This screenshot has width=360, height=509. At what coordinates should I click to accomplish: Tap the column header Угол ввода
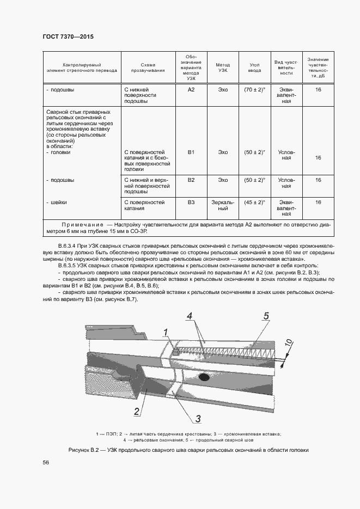click(x=254, y=68)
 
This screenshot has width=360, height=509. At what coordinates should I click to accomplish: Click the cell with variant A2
click(x=191, y=89)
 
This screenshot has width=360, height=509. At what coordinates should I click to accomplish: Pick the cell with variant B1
click(x=191, y=152)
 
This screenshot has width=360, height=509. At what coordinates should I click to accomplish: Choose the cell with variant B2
click(x=191, y=180)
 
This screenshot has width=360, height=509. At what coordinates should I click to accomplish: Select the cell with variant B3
click(x=191, y=202)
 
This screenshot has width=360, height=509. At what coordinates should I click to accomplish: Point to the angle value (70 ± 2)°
click(x=254, y=89)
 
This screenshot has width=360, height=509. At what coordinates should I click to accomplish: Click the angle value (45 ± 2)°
click(x=254, y=202)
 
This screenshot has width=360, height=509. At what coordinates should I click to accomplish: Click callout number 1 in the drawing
click(x=167, y=332)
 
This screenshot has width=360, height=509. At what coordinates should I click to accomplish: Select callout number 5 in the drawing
click(x=266, y=316)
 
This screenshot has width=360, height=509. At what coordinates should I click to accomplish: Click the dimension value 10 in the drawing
click(x=289, y=344)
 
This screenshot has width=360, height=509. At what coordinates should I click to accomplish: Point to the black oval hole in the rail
click(x=205, y=377)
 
